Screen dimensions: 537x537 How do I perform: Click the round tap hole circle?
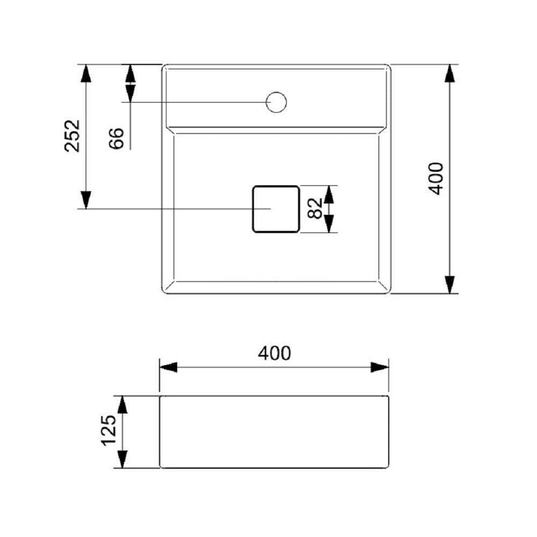(277, 102)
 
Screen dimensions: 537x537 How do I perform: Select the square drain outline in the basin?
(275, 209)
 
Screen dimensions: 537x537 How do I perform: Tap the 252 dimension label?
(72, 135)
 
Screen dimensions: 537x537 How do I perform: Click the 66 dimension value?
(117, 138)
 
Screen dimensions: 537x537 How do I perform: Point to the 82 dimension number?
(315, 208)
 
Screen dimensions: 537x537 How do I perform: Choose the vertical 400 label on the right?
(436, 178)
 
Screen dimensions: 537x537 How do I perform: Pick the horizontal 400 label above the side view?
(274, 353)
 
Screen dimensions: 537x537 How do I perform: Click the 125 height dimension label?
(109, 430)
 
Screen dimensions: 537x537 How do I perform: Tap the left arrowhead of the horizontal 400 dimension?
(169, 367)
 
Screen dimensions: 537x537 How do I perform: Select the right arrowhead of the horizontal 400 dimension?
(380, 367)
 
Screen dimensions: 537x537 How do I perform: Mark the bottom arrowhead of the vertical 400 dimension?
(450, 285)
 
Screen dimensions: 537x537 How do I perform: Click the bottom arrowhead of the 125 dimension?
(122, 459)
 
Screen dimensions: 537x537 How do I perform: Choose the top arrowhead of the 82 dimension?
(329, 194)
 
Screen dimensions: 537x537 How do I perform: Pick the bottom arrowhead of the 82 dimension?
(329, 223)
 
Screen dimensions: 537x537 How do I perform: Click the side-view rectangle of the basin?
(274, 432)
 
